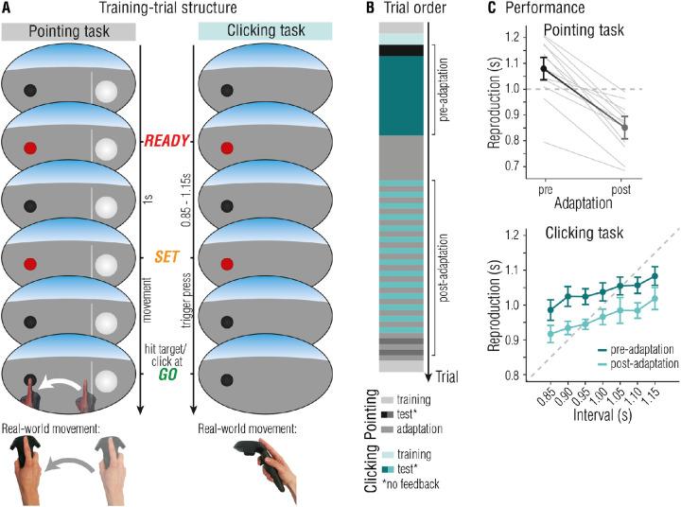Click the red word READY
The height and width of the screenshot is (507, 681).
click(x=167, y=141)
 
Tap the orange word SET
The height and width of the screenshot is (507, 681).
click(x=167, y=256)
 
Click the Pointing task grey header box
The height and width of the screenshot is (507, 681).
click(x=72, y=31)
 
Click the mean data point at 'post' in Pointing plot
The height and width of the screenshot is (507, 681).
click(x=622, y=127)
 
